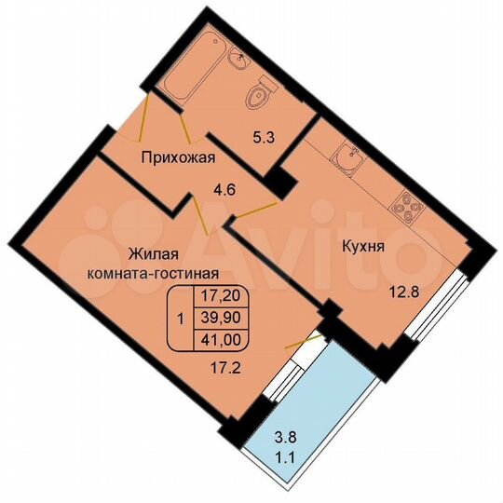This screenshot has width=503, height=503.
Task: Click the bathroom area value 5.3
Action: click(x=265, y=140)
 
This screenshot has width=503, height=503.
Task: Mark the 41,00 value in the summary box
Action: click(x=215, y=337)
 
